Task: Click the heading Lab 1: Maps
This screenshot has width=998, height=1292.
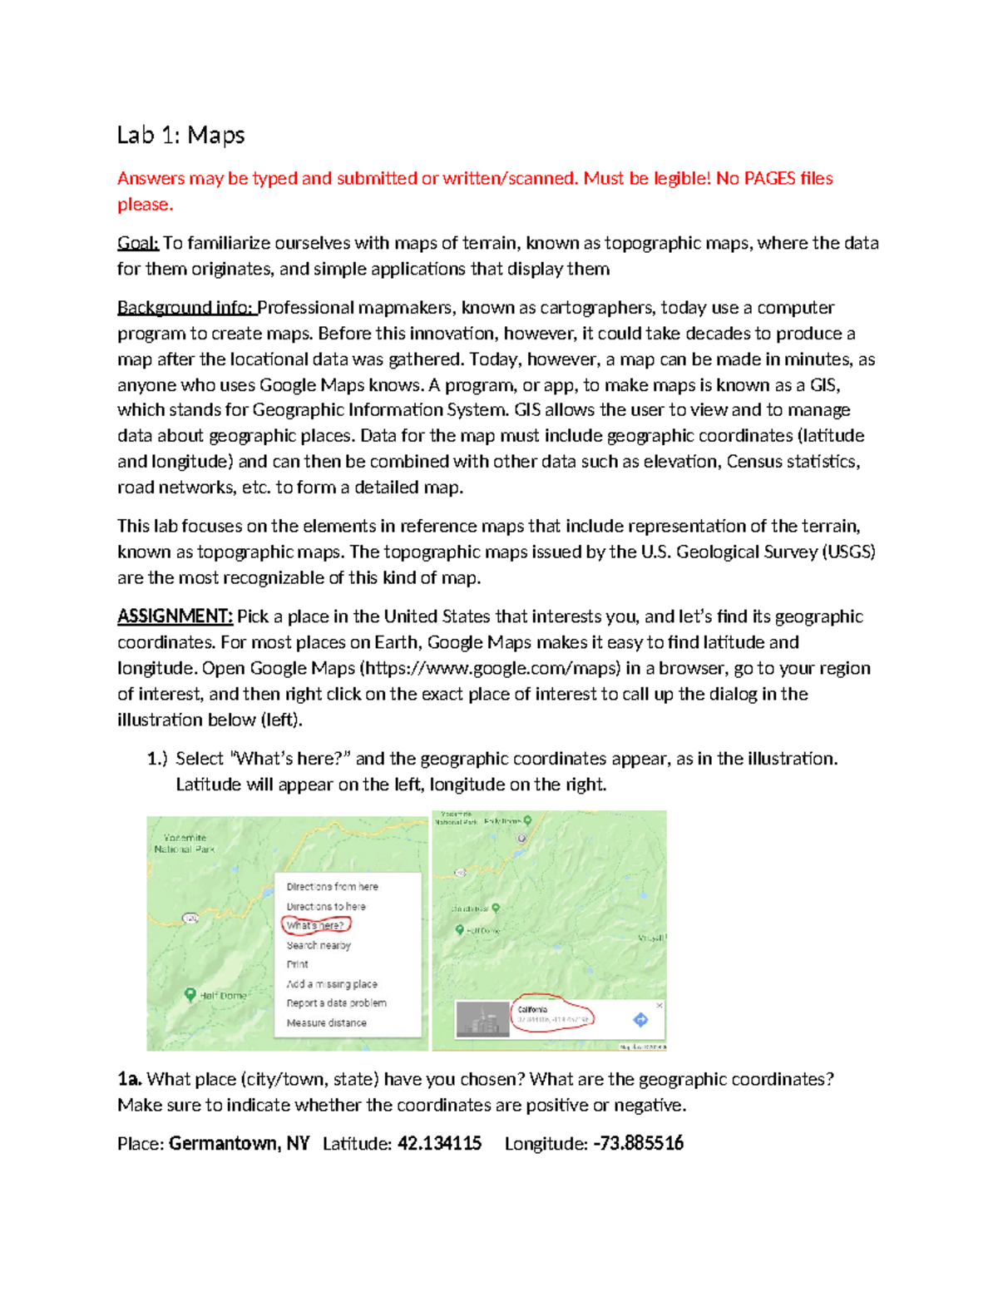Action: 180,135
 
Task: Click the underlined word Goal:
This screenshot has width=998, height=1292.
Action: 137,243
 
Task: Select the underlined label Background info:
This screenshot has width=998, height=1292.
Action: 185,308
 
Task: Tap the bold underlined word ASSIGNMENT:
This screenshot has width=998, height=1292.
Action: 175,616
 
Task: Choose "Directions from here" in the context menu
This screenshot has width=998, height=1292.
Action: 332,887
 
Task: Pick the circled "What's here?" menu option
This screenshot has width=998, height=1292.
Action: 315,925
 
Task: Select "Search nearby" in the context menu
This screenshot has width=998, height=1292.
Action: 319,945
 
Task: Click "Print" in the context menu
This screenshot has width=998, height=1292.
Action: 297,964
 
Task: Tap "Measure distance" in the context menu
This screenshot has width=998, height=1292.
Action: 326,1022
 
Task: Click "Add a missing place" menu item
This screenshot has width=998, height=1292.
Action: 332,984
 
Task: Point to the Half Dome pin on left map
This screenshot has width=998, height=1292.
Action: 190,994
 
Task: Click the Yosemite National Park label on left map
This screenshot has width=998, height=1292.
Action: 185,844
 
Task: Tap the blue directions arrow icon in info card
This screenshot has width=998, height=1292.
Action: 640,1019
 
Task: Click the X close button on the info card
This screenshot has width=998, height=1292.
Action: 660,1005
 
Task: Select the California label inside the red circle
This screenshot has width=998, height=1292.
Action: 533,1009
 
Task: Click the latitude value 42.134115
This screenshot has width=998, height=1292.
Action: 439,1144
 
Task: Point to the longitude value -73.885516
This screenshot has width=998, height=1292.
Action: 638,1144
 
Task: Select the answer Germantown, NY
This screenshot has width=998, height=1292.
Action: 239,1144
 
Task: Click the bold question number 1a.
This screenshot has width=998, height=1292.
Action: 129,1080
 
